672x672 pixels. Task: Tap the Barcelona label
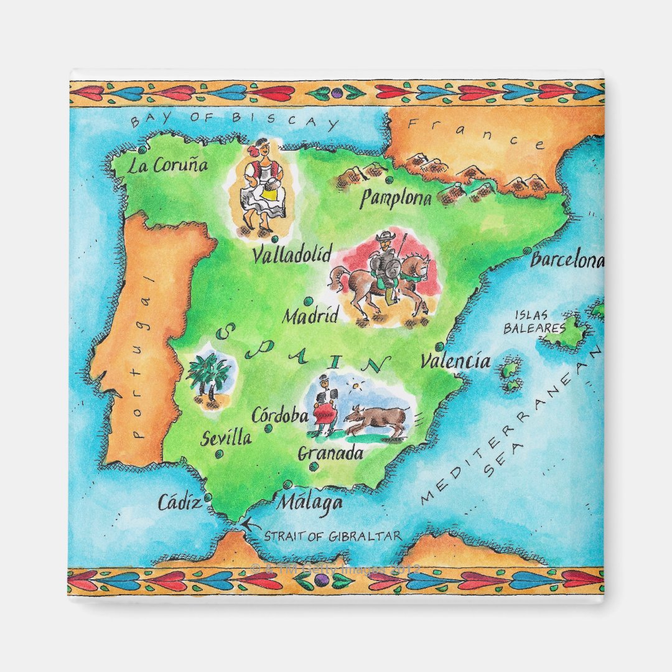[566, 260]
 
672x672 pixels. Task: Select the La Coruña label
[167, 166]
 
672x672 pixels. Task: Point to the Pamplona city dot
[390, 180]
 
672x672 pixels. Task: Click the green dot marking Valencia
[439, 347]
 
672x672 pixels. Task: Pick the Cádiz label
[179, 502]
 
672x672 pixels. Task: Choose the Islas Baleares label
[534, 322]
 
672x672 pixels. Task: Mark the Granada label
[330, 454]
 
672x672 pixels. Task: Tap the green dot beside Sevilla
[219, 455]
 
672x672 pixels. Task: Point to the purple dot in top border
[337, 93]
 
